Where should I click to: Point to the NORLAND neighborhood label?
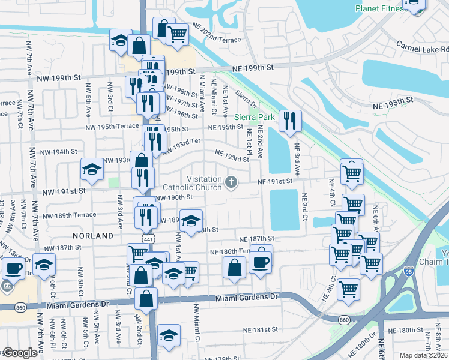(x=93, y=236)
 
